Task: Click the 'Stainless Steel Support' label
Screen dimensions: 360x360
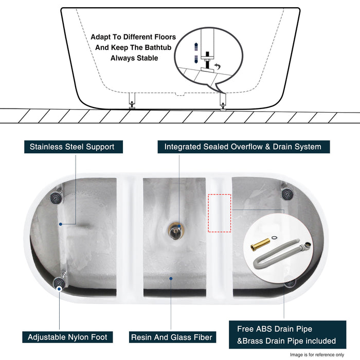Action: coord(72,147)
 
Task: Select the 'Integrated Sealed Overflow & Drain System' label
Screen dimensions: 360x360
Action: coord(243,147)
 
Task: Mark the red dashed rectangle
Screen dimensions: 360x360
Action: coord(220,213)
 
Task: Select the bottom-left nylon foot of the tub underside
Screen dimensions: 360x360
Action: coord(59,281)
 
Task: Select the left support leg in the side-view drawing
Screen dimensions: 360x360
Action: coord(132,100)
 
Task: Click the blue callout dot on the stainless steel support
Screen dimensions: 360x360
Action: coord(60,224)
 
